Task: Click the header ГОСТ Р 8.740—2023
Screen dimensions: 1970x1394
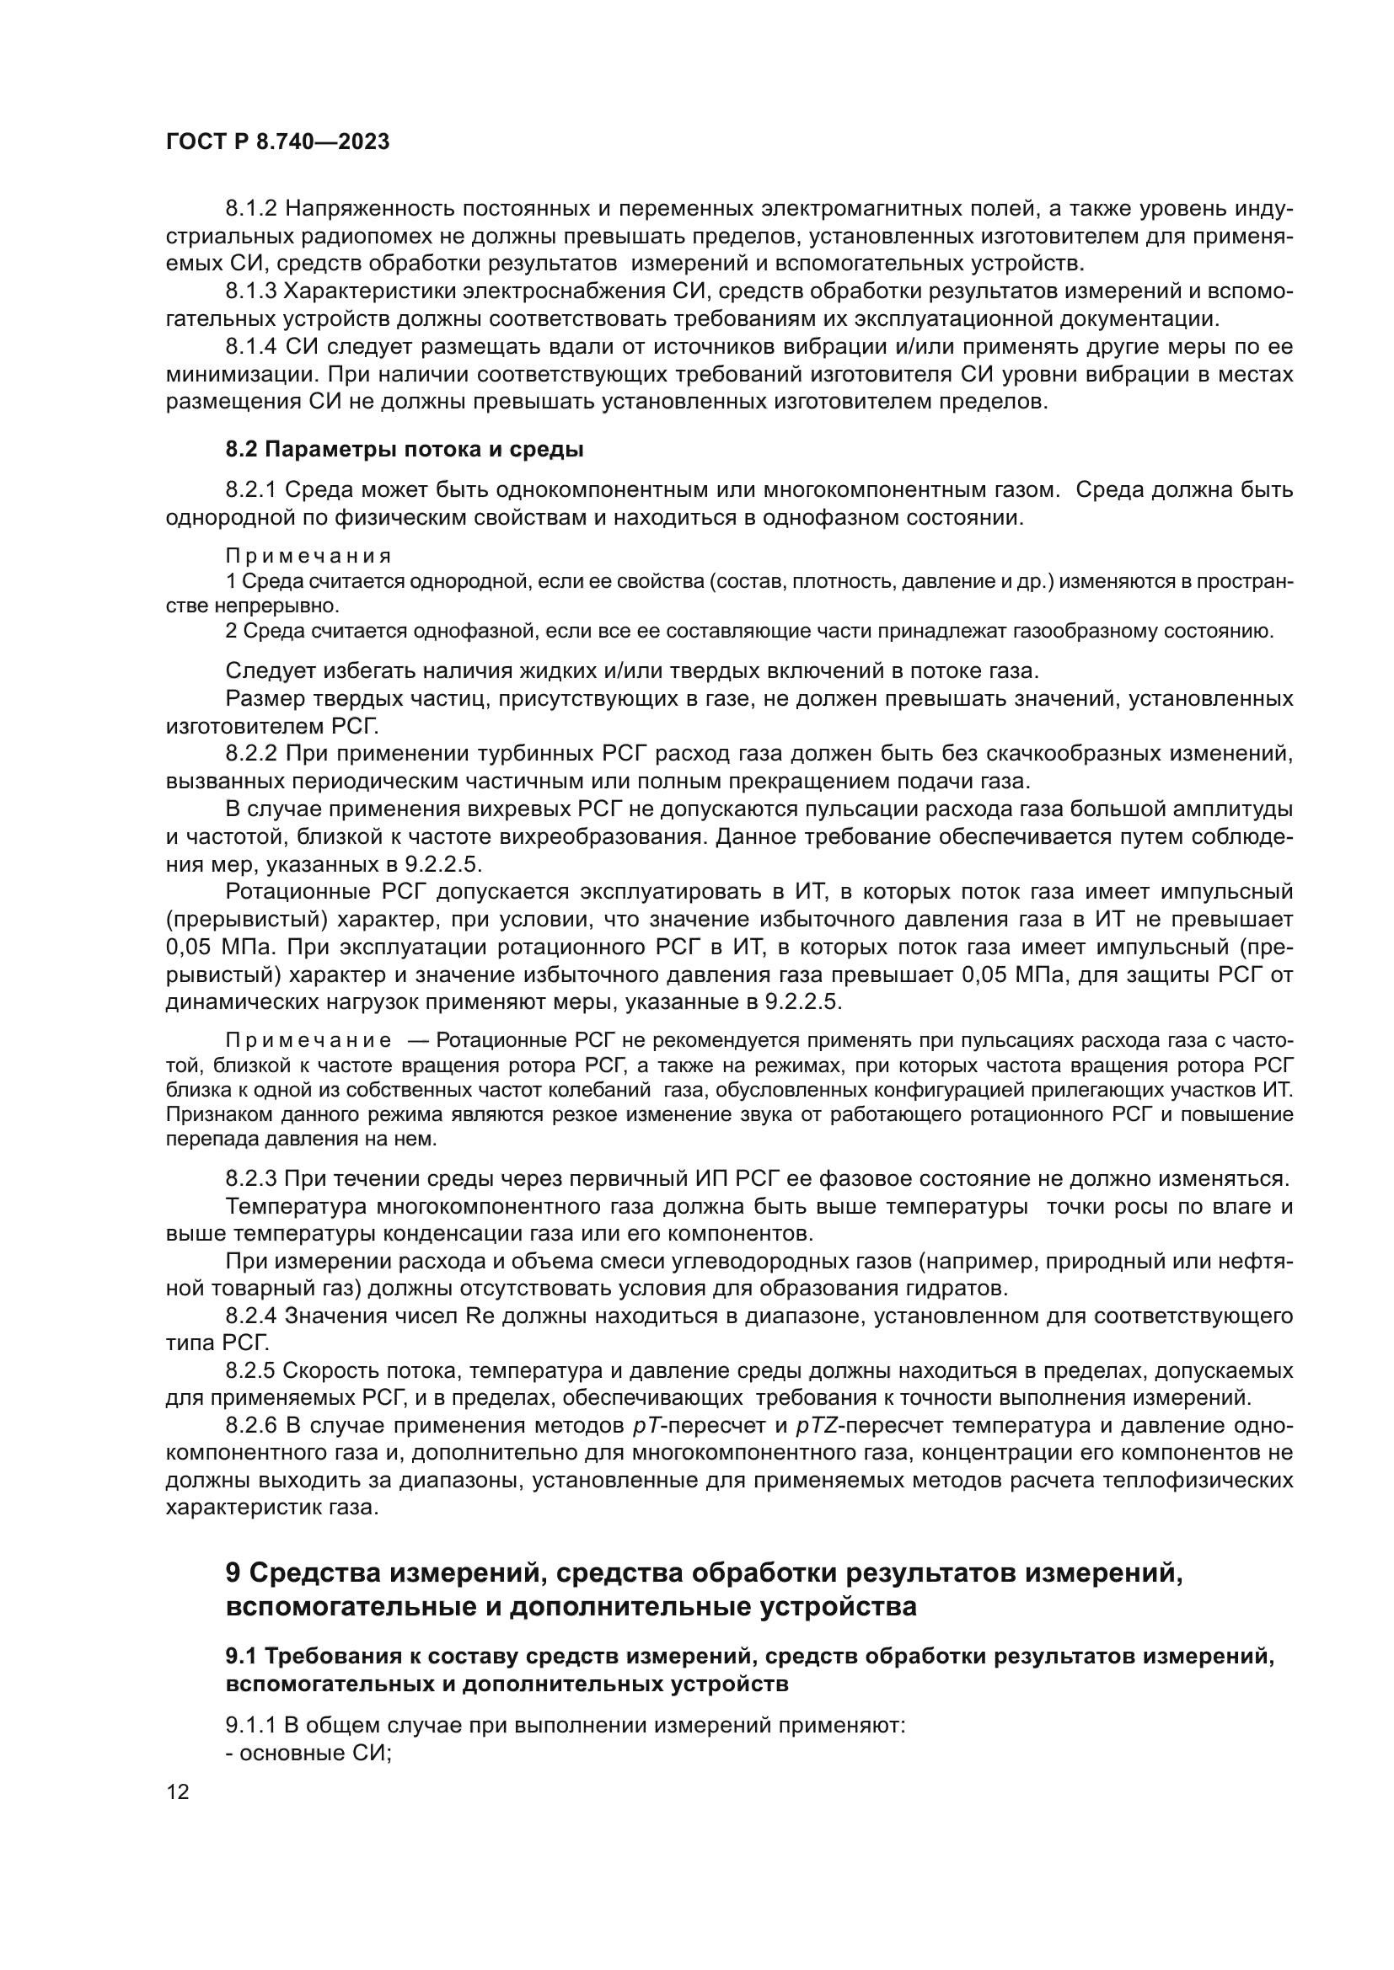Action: click(x=277, y=142)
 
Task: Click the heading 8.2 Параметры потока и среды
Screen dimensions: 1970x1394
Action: click(x=405, y=449)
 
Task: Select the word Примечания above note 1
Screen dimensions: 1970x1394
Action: click(x=308, y=556)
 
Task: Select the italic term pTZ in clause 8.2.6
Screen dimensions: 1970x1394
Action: click(x=815, y=1425)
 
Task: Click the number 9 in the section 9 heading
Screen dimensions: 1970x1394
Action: click(x=235, y=1573)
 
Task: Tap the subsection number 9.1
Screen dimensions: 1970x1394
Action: click(x=242, y=1656)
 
